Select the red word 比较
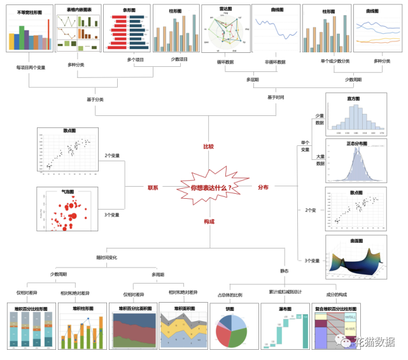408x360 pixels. [x=209, y=147]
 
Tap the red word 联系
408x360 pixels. [x=153, y=187]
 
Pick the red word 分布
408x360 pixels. [x=263, y=187]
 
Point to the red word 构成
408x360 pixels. [x=209, y=221]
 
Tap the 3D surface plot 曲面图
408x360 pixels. [x=356, y=263]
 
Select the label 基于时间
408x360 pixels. [x=276, y=97]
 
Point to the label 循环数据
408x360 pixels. [x=225, y=62]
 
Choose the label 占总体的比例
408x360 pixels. [x=230, y=295]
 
